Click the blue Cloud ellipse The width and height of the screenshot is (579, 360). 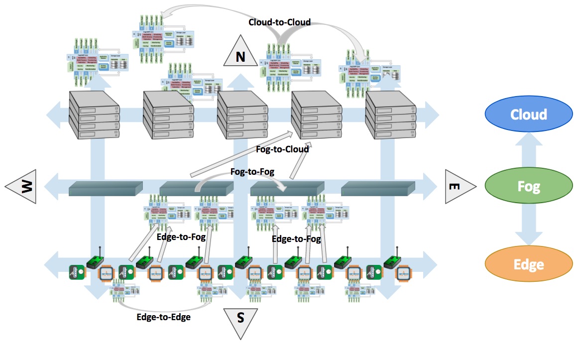pos(528,115)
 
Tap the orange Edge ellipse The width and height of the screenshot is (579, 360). pos(528,264)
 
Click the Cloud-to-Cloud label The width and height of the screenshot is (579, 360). pos(279,22)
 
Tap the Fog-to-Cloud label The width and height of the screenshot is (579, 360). pos(282,149)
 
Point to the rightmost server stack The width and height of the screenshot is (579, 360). pos(391,116)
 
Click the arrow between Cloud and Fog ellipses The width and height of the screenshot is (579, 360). pos(528,151)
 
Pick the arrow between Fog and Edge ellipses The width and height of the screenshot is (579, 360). pos(528,226)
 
